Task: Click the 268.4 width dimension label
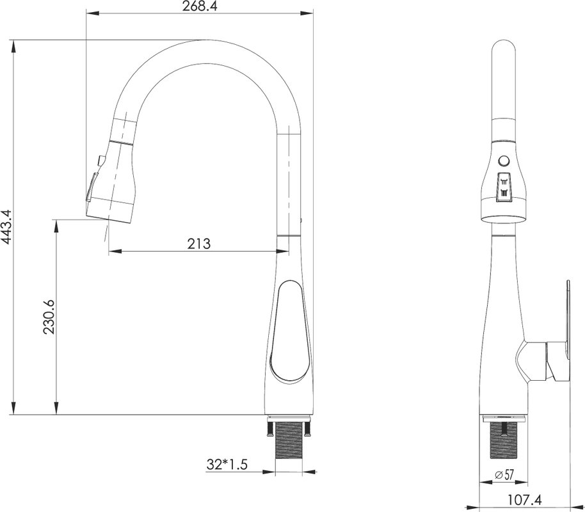(x=200, y=6)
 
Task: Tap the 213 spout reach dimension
(x=199, y=244)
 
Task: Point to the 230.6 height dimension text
(x=49, y=317)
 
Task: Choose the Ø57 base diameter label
(x=504, y=475)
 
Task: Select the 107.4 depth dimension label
(x=525, y=499)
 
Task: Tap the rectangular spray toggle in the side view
(x=504, y=188)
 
